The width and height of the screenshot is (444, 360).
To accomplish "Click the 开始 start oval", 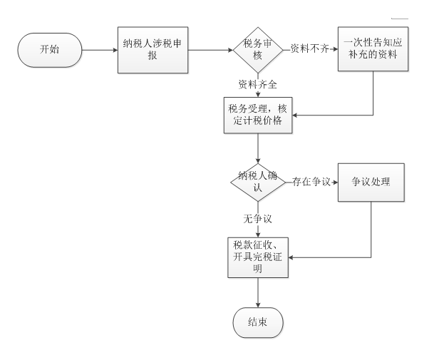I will pyautogui.click(x=50, y=51).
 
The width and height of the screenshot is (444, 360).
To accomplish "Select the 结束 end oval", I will pyautogui.click(x=257, y=322).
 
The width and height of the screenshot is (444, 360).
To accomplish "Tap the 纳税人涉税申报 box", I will pyautogui.click(x=153, y=51).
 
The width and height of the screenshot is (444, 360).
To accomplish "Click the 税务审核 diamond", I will pyautogui.click(x=257, y=50).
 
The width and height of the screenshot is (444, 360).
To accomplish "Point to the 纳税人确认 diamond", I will pyautogui.click(x=257, y=181).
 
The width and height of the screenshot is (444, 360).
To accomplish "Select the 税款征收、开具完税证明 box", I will pyautogui.click(x=257, y=256).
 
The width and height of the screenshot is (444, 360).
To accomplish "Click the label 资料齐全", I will pyautogui.click(x=257, y=84).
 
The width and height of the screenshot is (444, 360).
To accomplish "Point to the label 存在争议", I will pyautogui.click(x=311, y=182).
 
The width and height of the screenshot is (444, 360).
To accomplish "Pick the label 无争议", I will pyautogui.click(x=257, y=217).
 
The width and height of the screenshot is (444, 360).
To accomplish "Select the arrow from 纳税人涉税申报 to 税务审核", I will pyautogui.click(x=210, y=51).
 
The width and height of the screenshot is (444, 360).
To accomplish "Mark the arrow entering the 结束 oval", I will pyautogui.click(x=257, y=292).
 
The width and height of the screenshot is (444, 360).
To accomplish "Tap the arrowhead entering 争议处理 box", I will pyautogui.click(x=334, y=182).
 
